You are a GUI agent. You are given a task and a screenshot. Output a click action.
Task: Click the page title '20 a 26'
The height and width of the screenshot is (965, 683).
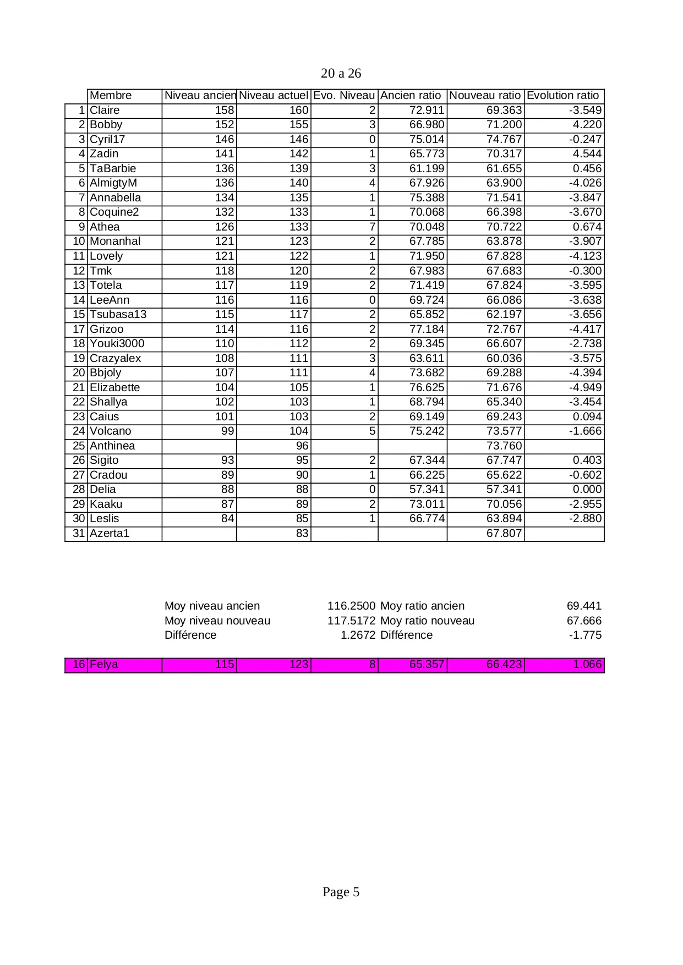coord(341,73)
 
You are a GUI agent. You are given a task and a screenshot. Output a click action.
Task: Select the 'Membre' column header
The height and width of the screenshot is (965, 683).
coord(111,95)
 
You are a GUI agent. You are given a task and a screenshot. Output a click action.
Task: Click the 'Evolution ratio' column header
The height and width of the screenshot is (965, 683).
coord(562,95)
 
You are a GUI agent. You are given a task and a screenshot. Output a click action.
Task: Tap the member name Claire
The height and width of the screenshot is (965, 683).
coord(105,110)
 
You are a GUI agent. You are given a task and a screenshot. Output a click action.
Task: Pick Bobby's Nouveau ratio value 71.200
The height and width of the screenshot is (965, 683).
coord(504,125)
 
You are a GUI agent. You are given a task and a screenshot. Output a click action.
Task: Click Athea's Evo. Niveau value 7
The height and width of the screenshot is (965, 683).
coord(372,227)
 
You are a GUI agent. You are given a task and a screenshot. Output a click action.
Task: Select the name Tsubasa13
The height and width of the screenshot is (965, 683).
coord(118,314)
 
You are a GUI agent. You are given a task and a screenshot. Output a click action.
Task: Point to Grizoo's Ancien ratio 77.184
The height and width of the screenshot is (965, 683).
coord(427,329)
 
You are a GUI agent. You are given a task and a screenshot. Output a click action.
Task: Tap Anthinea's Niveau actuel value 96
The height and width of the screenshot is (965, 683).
coord(302,446)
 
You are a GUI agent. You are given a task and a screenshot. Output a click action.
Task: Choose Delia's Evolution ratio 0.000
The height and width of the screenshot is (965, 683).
coord(587,489)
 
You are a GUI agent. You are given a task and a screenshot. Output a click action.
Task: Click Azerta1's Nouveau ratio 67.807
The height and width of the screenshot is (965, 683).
coord(504,533)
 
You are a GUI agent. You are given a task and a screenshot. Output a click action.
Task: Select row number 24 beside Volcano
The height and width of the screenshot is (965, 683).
coord(79,431)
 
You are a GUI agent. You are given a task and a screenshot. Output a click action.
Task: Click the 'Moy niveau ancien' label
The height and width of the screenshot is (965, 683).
coord(212,606)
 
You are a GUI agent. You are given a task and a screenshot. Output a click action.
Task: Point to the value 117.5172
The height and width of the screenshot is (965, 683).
coord(351,621)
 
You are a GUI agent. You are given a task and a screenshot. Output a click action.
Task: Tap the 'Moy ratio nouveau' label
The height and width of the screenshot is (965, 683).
coord(427,621)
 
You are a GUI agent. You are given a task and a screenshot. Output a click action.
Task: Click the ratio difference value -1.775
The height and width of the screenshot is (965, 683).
coord(585,635)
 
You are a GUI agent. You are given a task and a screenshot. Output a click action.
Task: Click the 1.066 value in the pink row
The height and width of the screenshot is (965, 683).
coord(587,664)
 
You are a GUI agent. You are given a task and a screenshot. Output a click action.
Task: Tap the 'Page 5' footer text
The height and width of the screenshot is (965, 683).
coord(341,892)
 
